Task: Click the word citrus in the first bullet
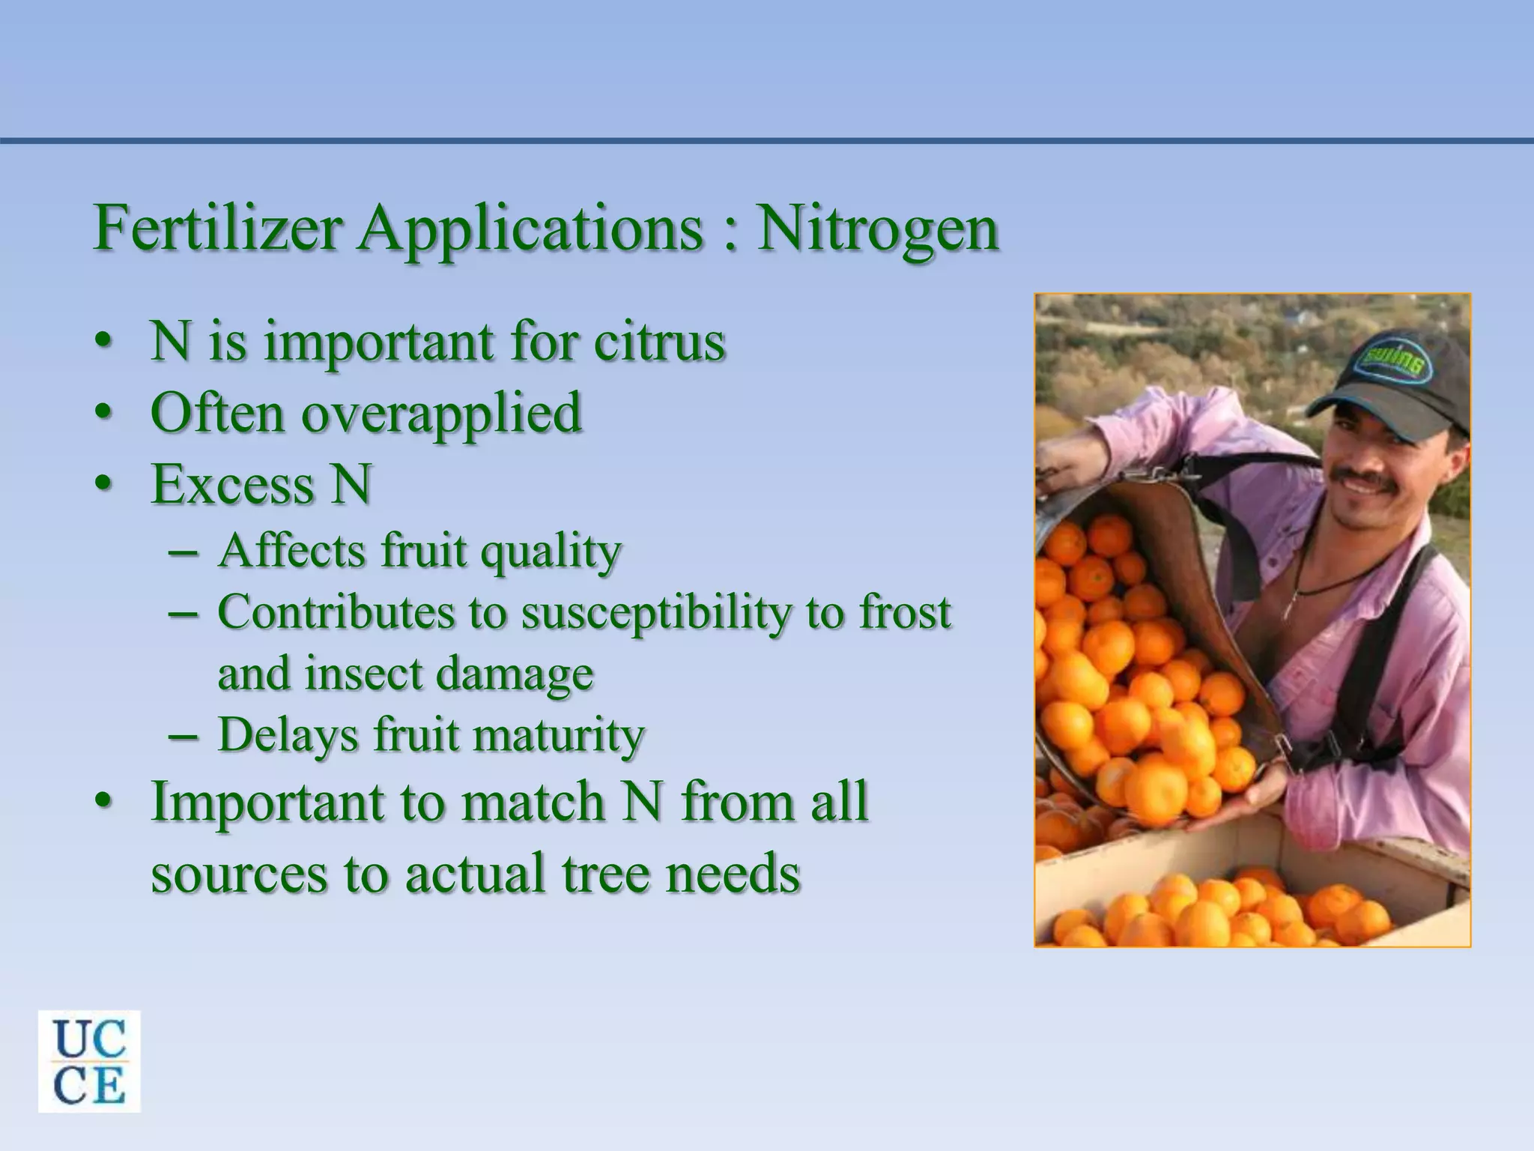[659, 342]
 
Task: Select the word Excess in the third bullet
[232, 484]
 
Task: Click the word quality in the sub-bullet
[551, 552]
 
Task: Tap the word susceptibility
[655, 614]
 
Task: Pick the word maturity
[559, 735]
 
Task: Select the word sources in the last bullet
[239, 874]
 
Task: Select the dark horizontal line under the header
[767, 140]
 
